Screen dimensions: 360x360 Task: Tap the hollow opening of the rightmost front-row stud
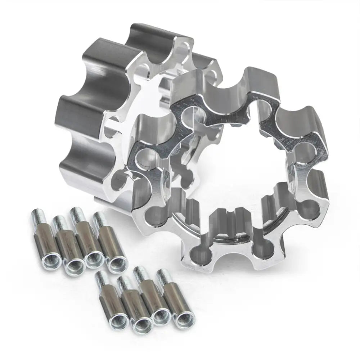(181, 319)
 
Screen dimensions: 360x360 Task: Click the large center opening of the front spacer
(230, 169)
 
